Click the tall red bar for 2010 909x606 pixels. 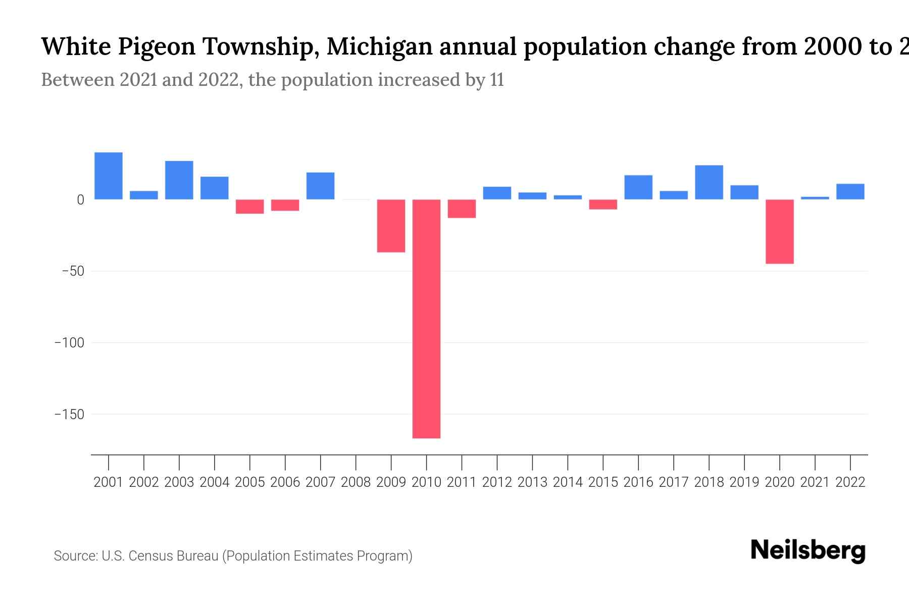pos(426,318)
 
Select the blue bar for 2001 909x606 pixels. pos(109,176)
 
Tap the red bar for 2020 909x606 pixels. pos(779,231)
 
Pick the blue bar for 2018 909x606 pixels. pos(709,182)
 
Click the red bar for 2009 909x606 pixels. pos(391,226)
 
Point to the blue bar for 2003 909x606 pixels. pos(179,180)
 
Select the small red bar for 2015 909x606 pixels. pos(603,205)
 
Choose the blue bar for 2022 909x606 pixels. pos(850,191)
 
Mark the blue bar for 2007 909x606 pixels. pos(320,186)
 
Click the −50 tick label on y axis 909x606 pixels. pos(73,271)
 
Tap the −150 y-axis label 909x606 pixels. pos(69,415)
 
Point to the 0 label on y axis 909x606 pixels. pos(80,200)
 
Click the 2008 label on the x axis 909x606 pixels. pos(356,482)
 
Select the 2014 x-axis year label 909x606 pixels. pos(568,482)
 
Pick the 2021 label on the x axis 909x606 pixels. pos(815,482)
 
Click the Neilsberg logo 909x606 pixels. pos(808,550)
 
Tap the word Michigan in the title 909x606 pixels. pos(379,46)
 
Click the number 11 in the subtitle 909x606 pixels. pos(496,80)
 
